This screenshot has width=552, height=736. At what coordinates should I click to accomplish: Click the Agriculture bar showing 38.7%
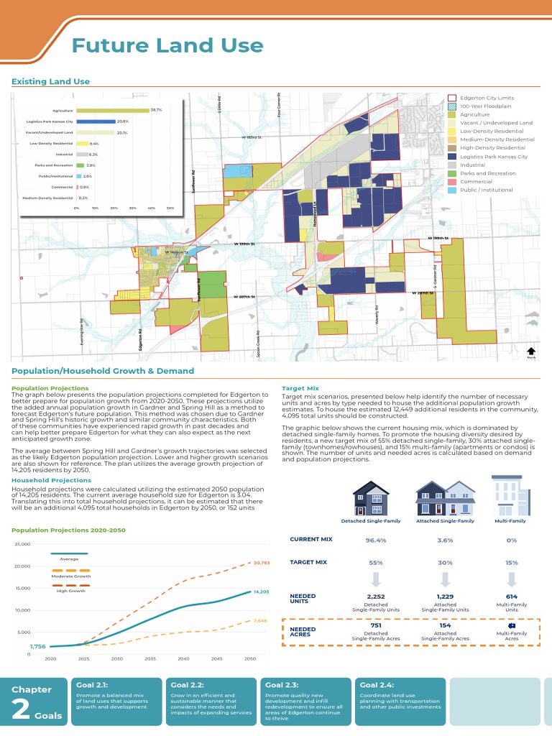pyautogui.click(x=112, y=111)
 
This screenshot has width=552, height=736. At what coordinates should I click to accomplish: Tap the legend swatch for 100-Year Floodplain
pyautogui.click(x=452, y=106)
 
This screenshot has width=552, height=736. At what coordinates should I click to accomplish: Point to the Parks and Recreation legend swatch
pyautogui.click(x=452, y=173)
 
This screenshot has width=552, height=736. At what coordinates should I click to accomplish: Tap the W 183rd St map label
pyautogui.click(x=252, y=137)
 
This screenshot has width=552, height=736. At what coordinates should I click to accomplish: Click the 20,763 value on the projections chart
pyautogui.click(x=260, y=563)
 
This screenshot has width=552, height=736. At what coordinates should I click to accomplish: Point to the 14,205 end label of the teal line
pyautogui.click(x=260, y=592)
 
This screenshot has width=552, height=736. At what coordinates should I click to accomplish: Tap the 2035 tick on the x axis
pyautogui.click(x=150, y=658)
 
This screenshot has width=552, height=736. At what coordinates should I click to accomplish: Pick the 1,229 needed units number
pyautogui.click(x=445, y=597)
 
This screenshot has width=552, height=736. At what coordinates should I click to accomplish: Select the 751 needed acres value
pyautogui.click(x=376, y=625)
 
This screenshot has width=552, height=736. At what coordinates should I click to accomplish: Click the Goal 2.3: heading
pyautogui.click(x=282, y=685)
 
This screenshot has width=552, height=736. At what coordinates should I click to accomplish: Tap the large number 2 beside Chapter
pyautogui.click(x=21, y=709)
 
